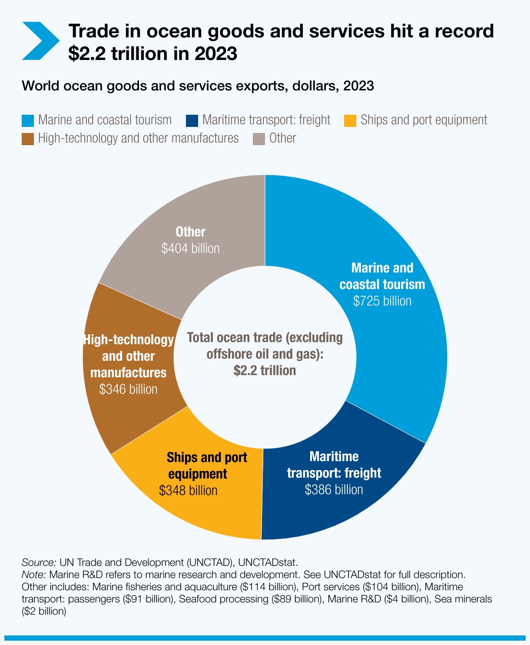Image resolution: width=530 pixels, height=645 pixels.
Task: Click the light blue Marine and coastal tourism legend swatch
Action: [28, 120]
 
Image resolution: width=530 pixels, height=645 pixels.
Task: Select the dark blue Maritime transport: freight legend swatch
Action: [192, 120]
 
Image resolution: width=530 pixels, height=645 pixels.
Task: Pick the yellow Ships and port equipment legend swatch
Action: [350, 120]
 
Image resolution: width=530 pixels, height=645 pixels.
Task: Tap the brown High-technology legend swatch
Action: [28, 139]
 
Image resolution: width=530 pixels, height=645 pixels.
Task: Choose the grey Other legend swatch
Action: [259, 139]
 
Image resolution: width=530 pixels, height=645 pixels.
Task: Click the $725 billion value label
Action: [382, 301]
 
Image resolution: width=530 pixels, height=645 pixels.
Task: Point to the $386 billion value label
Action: [334, 490]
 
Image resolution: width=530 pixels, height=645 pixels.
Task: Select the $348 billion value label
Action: [188, 491]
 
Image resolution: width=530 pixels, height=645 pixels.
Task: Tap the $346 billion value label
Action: [128, 389]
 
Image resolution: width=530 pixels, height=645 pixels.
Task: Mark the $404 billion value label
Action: [190, 248]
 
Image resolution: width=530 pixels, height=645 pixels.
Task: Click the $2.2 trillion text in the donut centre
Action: [265, 371]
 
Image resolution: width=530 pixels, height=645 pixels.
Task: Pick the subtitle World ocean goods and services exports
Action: [197, 86]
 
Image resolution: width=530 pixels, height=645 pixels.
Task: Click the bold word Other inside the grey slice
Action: [190, 232]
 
